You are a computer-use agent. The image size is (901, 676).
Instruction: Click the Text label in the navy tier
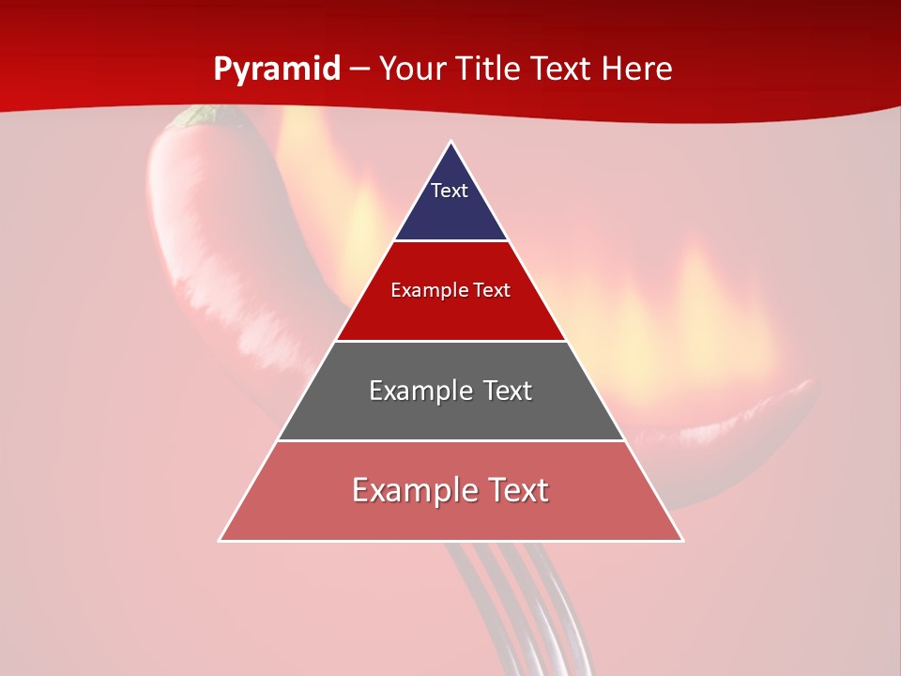pyautogui.click(x=450, y=191)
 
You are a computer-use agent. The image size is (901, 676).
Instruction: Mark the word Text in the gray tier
pyautogui.click(x=500, y=391)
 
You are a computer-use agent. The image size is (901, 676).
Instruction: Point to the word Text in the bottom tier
pyautogui.click(x=512, y=490)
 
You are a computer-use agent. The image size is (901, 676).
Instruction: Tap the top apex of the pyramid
pyautogui.click(x=451, y=143)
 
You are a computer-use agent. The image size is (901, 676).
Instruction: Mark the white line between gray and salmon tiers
pyautogui.click(x=451, y=440)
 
